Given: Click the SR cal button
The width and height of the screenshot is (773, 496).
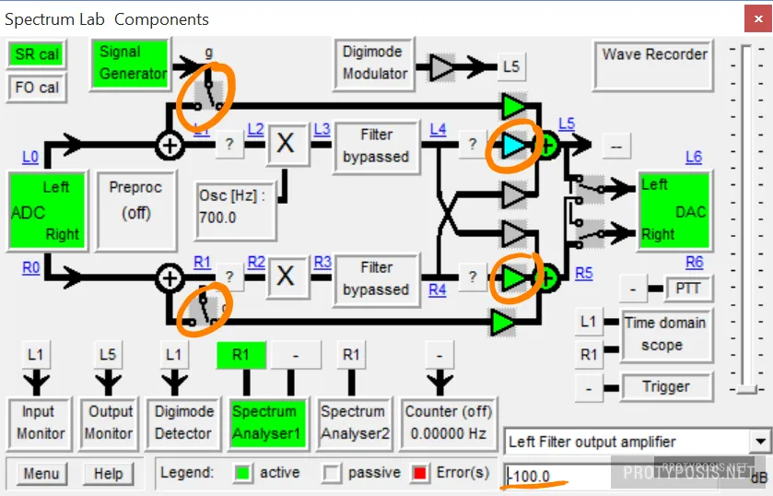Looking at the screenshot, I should tap(37, 54).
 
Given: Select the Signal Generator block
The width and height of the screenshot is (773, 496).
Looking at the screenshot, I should tap(134, 62).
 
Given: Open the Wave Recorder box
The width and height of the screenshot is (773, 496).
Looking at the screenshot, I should tap(654, 66).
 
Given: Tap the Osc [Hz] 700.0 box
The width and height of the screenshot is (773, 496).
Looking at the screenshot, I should tap(236, 207).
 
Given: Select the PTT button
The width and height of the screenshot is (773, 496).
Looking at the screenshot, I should tap(687, 289).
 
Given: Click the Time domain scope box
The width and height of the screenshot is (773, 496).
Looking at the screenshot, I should tap(664, 334).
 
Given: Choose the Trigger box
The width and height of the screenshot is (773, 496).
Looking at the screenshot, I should tap(664, 387).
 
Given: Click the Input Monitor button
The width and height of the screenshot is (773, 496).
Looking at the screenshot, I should tap(38, 422).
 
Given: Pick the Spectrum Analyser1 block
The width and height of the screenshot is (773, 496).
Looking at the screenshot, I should tap(264, 422).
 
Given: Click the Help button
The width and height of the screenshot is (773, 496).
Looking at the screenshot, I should tap(108, 474).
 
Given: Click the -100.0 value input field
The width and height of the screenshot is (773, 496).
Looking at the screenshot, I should tap(557, 477).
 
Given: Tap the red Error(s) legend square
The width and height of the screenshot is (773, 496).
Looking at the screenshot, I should tap(421, 473).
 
